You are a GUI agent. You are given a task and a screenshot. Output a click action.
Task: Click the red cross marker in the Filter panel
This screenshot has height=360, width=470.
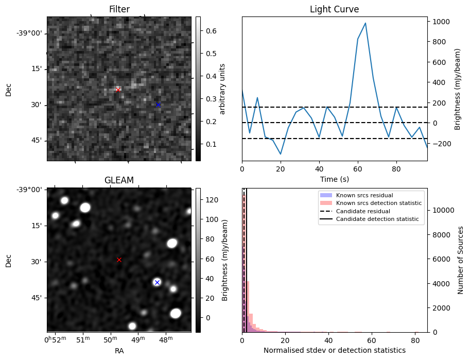pyautogui.click(x=118, y=90)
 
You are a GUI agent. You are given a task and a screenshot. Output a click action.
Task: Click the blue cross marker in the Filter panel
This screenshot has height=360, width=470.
pyautogui.click(x=158, y=105)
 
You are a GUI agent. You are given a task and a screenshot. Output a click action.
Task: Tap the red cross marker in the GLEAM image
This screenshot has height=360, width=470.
pyautogui.click(x=119, y=260)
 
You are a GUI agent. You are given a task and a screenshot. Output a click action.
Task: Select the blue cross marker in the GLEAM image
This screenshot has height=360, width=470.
pyautogui.click(x=157, y=282)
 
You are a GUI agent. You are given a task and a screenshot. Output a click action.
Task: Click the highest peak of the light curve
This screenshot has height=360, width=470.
pyautogui.click(x=365, y=23)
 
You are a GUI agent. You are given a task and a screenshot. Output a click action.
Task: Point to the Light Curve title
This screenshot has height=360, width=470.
pyautogui.click(x=334, y=9)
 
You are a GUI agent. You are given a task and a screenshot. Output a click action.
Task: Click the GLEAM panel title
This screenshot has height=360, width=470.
pyautogui.click(x=119, y=180)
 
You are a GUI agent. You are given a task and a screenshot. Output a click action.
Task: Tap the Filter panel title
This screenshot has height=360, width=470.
pyautogui.click(x=119, y=9)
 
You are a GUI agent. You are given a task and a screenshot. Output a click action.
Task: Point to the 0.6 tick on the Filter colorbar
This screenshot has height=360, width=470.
pyautogui.click(x=210, y=31)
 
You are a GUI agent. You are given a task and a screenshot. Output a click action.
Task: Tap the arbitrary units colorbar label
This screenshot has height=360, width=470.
pyautogui.click(x=222, y=89)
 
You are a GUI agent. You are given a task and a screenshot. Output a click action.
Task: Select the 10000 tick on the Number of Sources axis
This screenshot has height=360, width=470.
pyautogui.click(x=443, y=210)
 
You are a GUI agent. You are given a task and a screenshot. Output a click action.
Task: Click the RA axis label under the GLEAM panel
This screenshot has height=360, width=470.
pyautogui.click(x=118, y=351)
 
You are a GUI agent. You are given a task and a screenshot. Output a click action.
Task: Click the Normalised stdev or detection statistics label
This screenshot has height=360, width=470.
pyautogui.click(x=334, y=350)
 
